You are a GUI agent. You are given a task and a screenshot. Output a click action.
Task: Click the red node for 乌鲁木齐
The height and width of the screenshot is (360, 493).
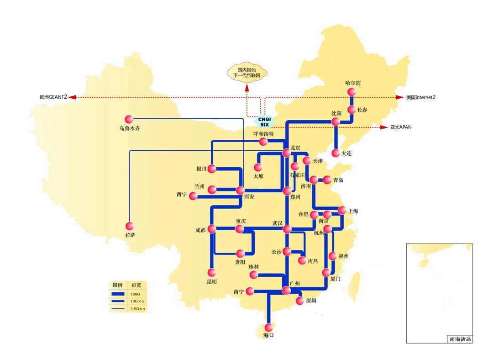(x=129, y=119)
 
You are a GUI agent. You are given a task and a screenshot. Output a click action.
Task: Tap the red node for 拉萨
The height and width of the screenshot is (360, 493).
(x=130, y=226)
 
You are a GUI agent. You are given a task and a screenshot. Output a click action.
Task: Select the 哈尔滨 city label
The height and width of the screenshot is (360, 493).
(x=353, y=83)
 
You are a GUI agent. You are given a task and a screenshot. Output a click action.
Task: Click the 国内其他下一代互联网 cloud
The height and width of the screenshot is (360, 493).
(x=247, y=73)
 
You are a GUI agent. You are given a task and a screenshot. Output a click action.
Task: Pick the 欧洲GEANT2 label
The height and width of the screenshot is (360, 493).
(x=53, y=97)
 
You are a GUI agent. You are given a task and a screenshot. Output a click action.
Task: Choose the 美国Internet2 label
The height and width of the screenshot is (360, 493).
(x=421, y=97)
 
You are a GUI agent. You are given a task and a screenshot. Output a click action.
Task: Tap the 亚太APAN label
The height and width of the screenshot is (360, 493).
(x=401, y=127)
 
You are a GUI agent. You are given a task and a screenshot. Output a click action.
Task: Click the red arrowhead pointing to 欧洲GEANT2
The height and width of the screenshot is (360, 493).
(x=72, y=97)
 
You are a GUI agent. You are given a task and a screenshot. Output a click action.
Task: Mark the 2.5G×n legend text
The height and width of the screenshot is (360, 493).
(x=138, y=309)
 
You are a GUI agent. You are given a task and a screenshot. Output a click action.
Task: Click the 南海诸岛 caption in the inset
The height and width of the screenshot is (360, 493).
(x=460, y=339)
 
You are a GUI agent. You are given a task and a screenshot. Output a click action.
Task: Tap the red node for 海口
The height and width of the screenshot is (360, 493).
(x=268, y=327)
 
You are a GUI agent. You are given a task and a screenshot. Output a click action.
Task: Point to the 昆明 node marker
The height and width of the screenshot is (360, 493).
(x=212, y=272)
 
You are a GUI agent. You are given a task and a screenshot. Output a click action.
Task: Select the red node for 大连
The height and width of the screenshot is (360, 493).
(x=336, y=153)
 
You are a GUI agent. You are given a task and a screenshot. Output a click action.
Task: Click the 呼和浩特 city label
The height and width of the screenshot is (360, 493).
(x=263, y=134)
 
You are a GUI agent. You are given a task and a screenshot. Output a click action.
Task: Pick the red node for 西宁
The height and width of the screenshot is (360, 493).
(x=193, y=196)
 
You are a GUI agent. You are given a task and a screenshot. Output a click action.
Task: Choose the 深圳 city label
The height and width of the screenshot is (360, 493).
(x=311, y=301)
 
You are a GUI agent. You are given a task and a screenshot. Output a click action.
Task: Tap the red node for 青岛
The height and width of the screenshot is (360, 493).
(x=327, y=180)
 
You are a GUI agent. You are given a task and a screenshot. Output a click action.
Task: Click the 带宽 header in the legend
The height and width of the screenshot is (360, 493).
(x=136, y=285)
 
